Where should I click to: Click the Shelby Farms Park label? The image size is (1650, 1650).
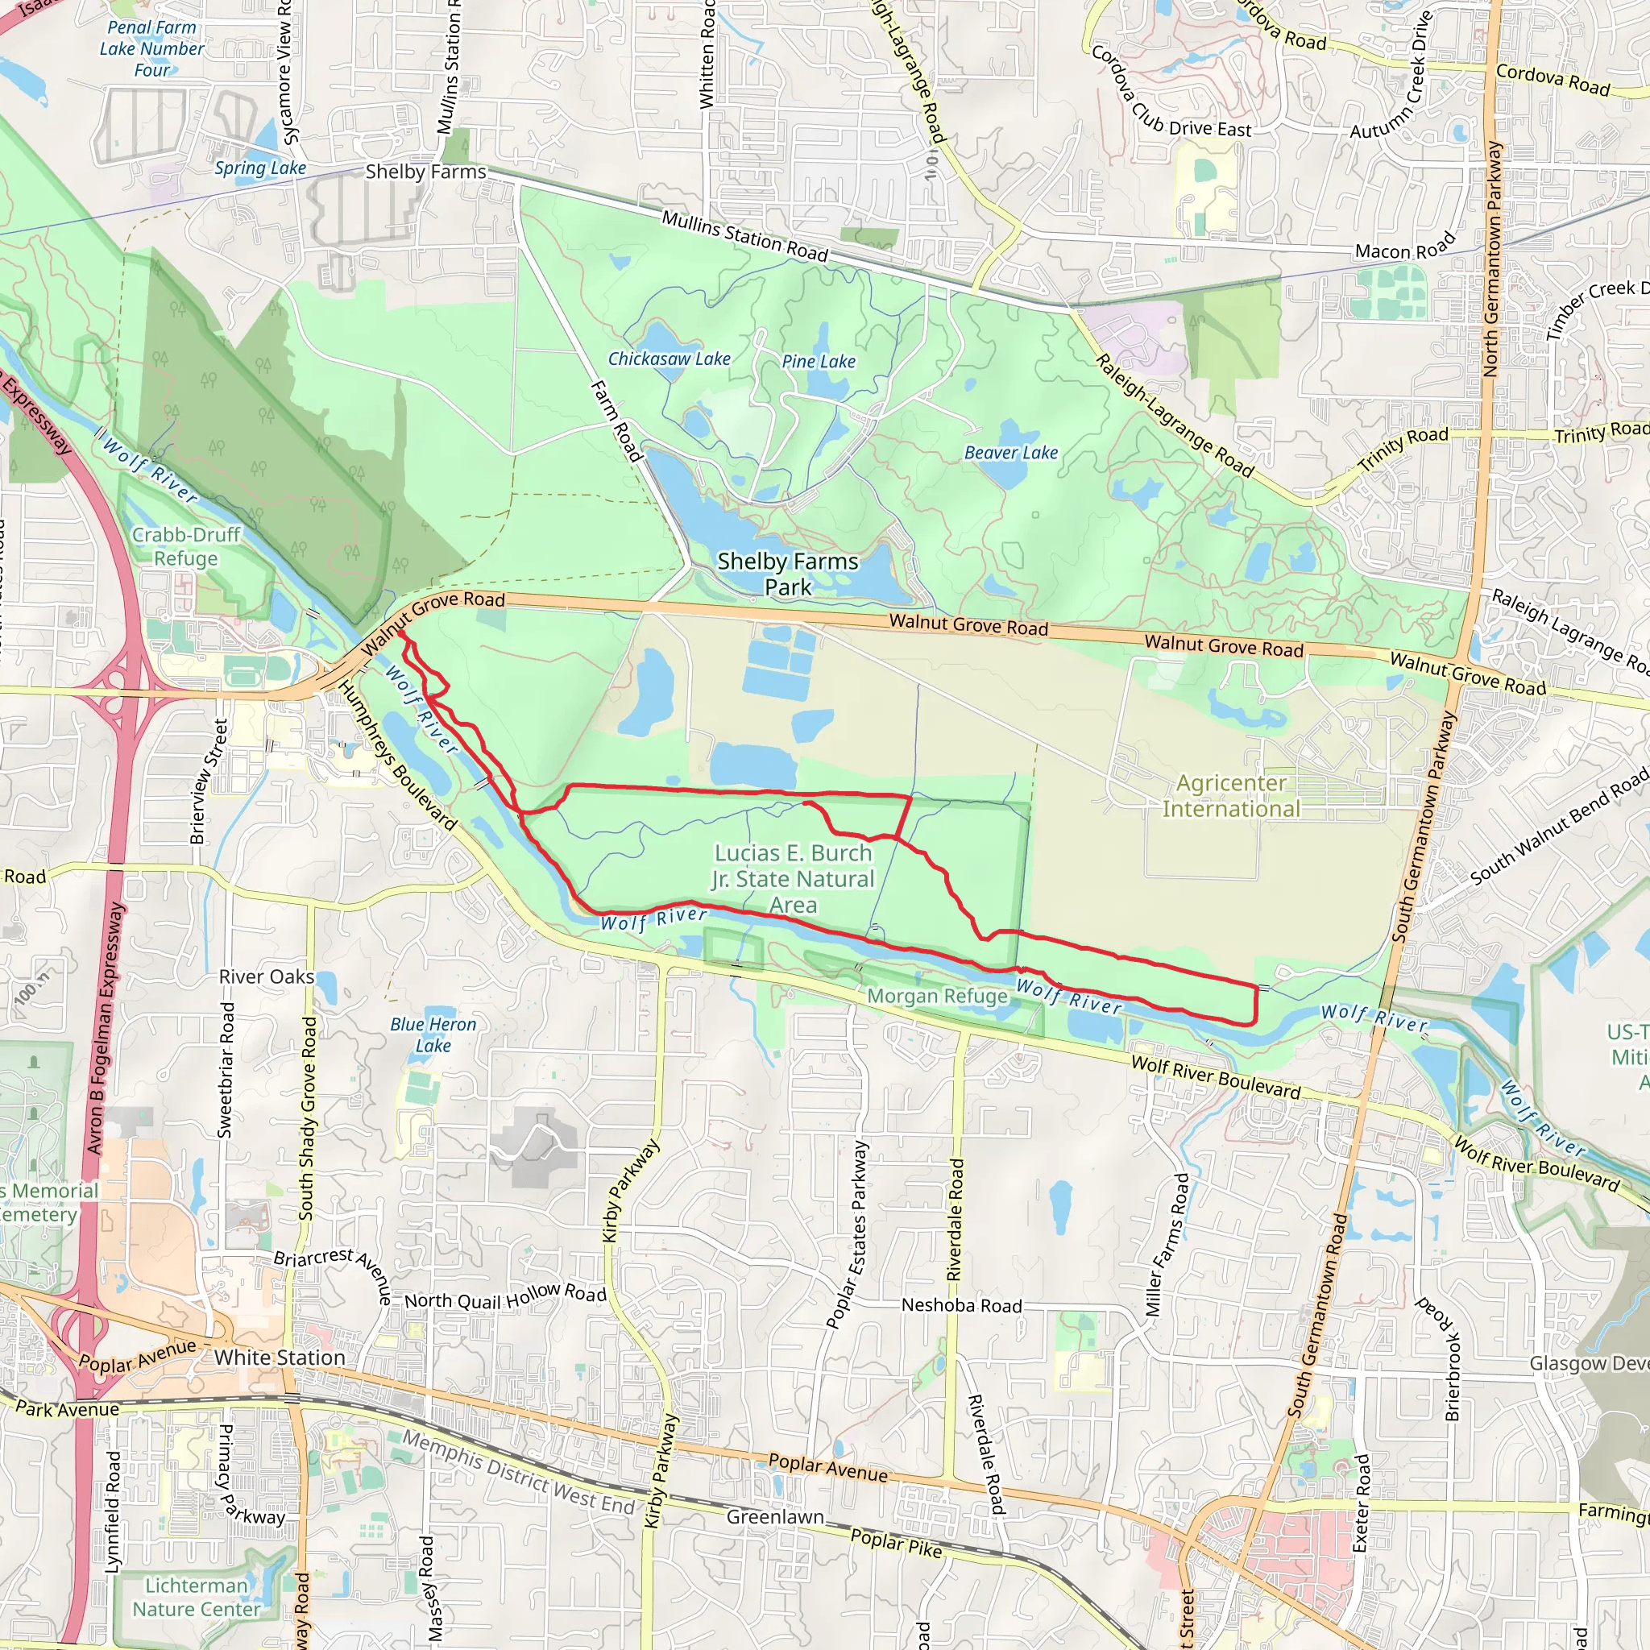tap(787, 574)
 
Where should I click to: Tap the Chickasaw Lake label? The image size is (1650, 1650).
tap(669, 359)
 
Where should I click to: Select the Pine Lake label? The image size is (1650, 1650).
tap(819, 361)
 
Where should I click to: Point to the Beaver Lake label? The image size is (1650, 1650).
tap(1010, 453)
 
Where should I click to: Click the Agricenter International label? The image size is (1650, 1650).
tap(1231, 796)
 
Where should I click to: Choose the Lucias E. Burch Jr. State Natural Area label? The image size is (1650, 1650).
tap(794, 879)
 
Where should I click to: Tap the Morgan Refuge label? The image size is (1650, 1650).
tap(937, 996)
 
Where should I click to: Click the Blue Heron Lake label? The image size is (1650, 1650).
tap(433, 1034)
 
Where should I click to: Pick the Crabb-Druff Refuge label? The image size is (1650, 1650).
tap(186, 546)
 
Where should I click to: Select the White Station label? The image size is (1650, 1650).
tap(280, 1358)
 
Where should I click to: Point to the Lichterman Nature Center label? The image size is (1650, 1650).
tap(196, 1597)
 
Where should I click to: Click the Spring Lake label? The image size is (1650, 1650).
tap(259, 168)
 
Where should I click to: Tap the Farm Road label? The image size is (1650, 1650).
tap(616, 421)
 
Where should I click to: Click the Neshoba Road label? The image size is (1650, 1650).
tap(961, 1306)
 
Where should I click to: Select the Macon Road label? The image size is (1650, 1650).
tap(1404, 247)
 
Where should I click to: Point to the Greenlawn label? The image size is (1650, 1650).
tap(774, 1517)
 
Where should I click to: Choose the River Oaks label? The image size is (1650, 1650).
tap(267, 977)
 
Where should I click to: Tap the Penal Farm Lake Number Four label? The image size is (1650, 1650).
tap(152, 48)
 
